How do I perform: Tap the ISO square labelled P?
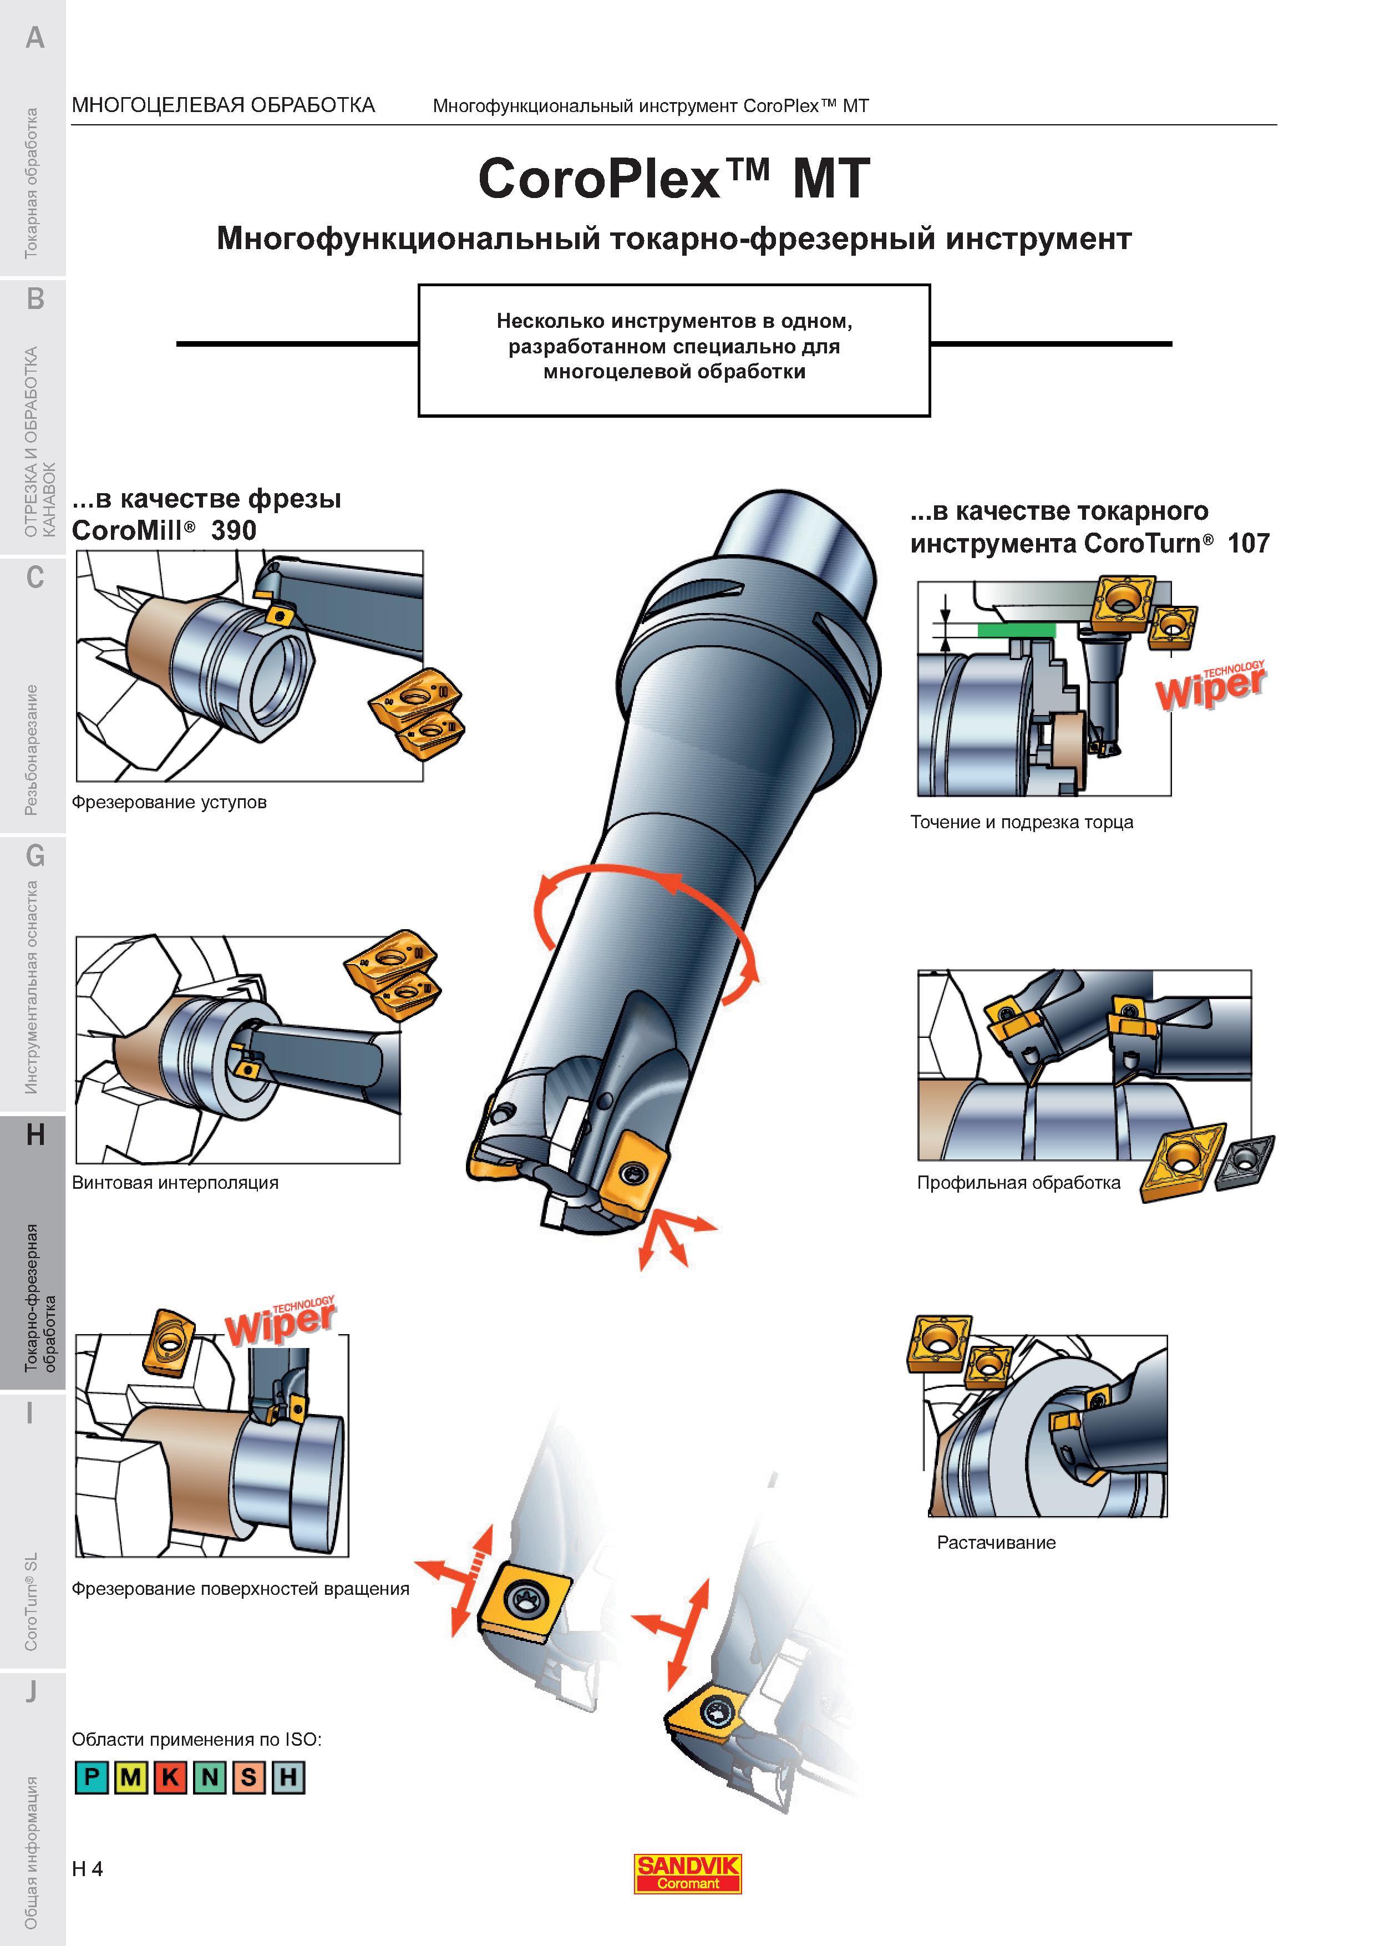click(92, 1777)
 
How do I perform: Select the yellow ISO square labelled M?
click(130, 1777)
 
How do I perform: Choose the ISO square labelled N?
click(209, 1777)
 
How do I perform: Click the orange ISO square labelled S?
click(248, 1777)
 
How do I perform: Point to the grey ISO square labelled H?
click(288, 1777)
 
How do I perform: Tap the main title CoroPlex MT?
click(674, 179)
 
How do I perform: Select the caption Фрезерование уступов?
click(169, 802)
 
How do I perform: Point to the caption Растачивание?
click(996, 1543)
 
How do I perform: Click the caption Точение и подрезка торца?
click(1022, 822)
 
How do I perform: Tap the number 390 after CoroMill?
click(234, 530)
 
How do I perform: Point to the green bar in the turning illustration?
click(1017, 630)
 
